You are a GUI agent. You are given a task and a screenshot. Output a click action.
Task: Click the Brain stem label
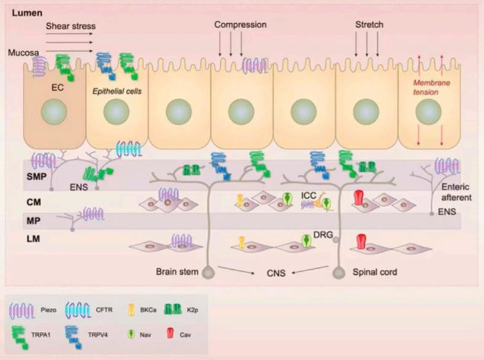pos(177,271)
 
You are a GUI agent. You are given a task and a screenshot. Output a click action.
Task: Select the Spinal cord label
pos(373,271)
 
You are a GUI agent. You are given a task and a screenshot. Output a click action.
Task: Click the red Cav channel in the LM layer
pos(361,241)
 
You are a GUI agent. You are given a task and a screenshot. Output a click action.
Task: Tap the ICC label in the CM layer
pos(309,195)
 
